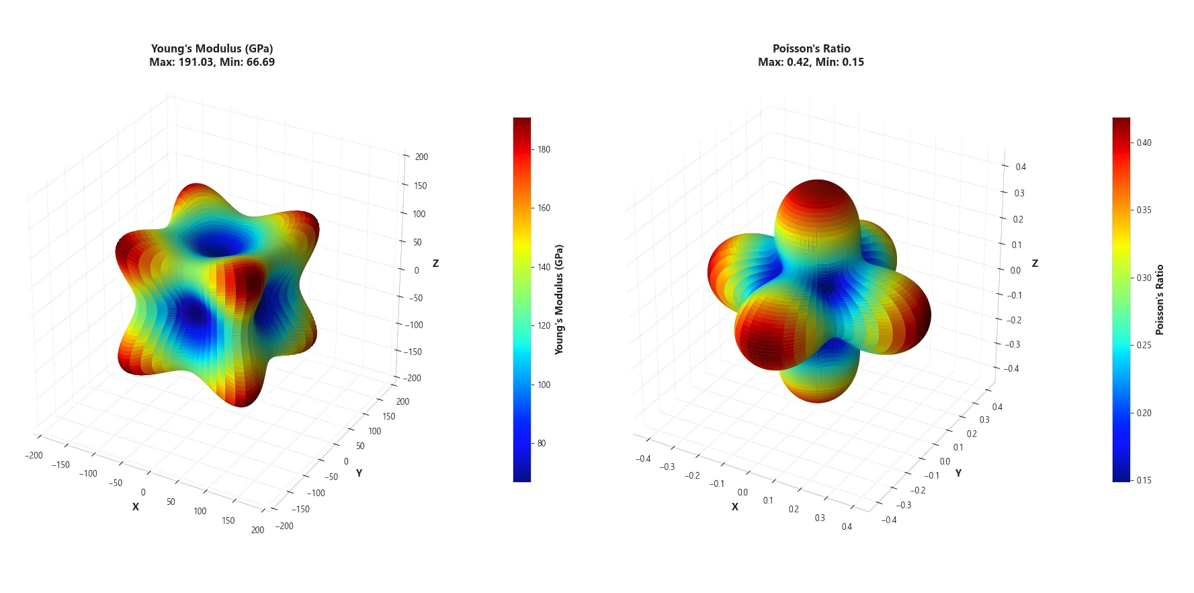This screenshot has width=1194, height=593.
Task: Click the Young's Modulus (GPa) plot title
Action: pyautogui.click(x=212, y=48)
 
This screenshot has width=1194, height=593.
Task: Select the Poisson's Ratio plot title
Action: pyautogui.click(x=811, y=48)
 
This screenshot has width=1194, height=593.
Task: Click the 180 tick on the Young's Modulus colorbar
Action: pyautogui.click(x=544, y=149)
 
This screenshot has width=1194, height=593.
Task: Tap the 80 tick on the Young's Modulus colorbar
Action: pyautogui.click(x=542, y=443)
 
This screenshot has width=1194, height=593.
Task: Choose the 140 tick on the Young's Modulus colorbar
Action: pyautogui.click(x=544, y=267)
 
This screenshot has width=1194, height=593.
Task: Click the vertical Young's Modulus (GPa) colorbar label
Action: pyautogui.click(x=559, y=299)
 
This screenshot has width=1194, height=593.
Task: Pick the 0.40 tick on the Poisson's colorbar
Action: pyautogui.click(x=1144, y=143)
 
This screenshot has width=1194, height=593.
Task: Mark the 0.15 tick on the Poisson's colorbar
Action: pyautogui.click(x=1144, y=480)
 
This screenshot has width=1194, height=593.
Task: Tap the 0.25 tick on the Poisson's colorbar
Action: pyautogui.click(x=1144, y=345)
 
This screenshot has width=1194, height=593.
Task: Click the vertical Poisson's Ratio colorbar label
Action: pyautogui.click(x=1159, y=299)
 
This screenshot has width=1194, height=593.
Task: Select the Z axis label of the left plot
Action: pyautogui.click(x=435, y=264)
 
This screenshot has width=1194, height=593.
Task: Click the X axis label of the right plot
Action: pyautogui.click(x=734, y=507)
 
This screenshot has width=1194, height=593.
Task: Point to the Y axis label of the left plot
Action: pyautogui.click(x=359, y=473)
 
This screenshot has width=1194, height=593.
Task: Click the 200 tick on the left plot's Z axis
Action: pyautogui.click(x=421, y=157)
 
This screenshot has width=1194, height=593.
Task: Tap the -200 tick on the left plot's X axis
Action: pyautogui.click(x=34, y=455)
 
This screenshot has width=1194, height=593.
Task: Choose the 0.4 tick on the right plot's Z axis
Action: pyautogui.click(x=1021, y=167)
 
